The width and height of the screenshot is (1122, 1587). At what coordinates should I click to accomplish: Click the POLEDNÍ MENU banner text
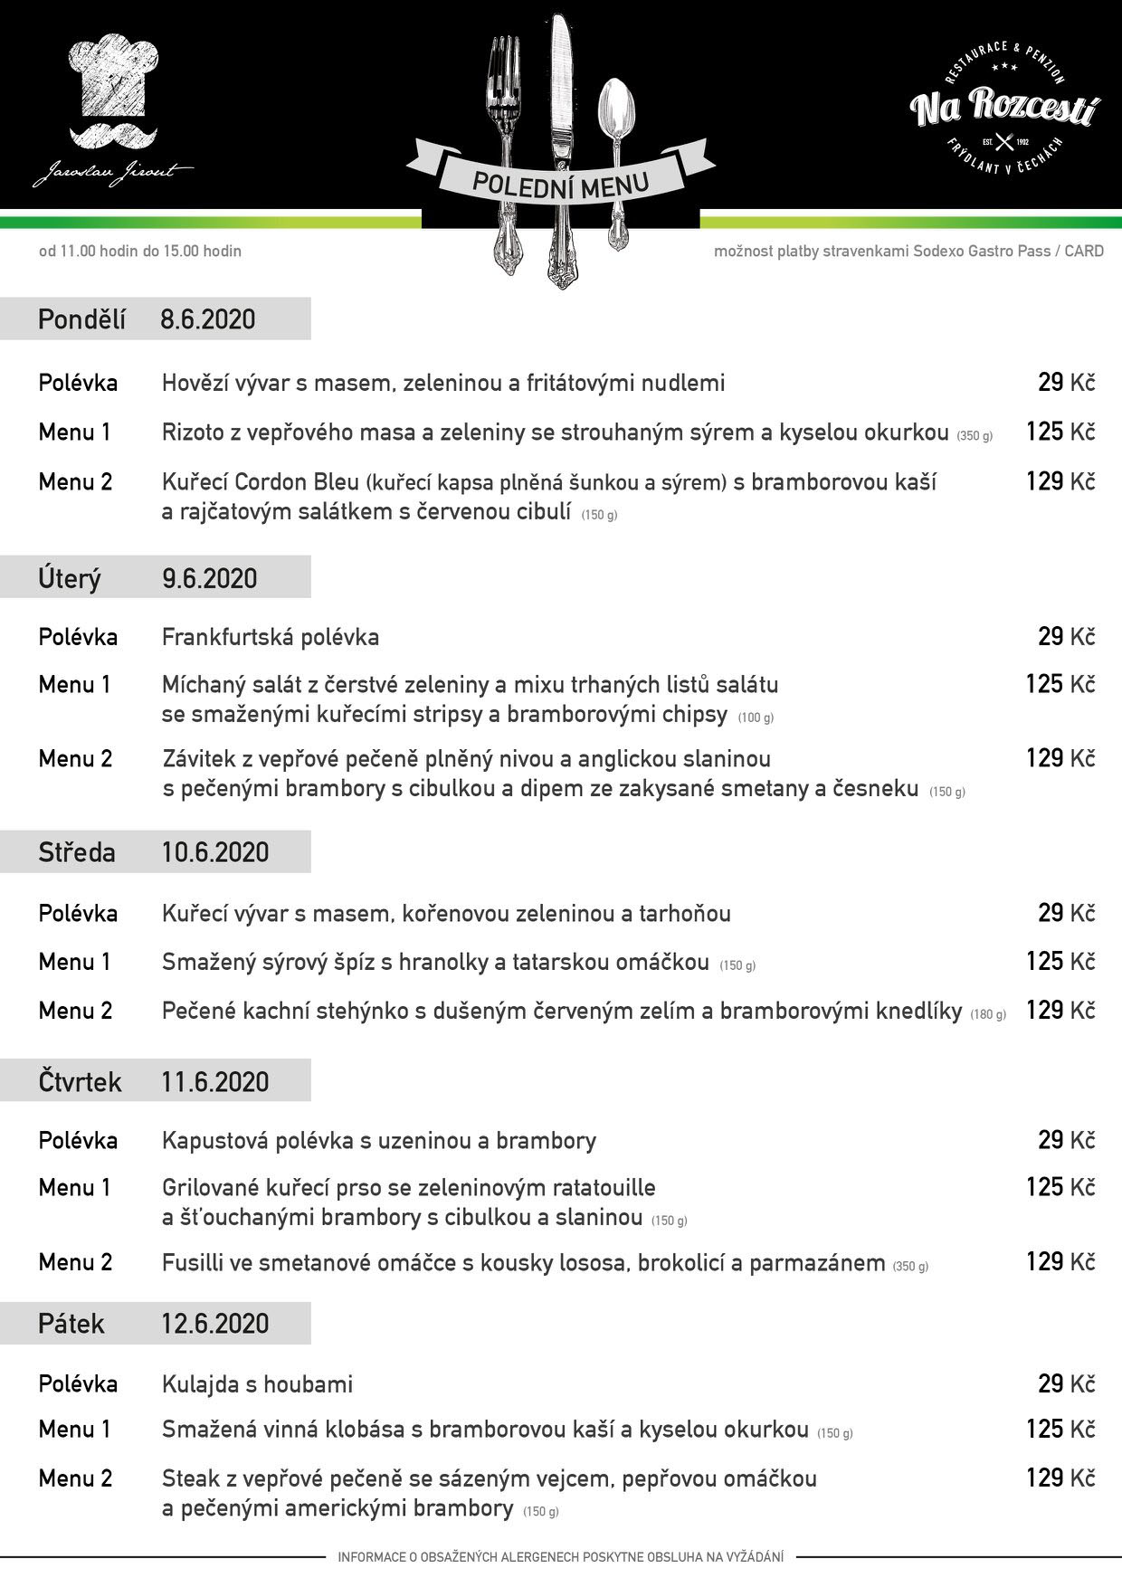pyautogui.click(x=560, y=185)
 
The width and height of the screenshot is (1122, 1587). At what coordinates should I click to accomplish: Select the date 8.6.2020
pyautogui.click(x=208, y=319)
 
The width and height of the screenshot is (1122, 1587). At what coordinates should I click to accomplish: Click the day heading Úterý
pyautogui.click(x=70, y=578)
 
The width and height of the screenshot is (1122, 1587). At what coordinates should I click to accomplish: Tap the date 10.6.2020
pyautogui.click(x=215, y=852)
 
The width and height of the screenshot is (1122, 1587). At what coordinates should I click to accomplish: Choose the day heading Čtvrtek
pyautogui.click(x=80, y=1082)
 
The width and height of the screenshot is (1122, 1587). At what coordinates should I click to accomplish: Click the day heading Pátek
pyautogui.click(x=71, y=1325)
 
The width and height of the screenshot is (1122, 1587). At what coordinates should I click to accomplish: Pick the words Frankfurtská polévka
pyautogui.click(x=271, y=637)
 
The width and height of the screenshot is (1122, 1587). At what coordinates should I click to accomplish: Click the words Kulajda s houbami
pyautogui.click(x=257, y=1384)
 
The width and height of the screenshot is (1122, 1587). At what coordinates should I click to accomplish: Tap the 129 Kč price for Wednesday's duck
pyautogui.click(x=1060, y=1011)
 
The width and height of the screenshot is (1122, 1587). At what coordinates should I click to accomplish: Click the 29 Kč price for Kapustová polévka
pyautogui.click(x=1066, y=1141)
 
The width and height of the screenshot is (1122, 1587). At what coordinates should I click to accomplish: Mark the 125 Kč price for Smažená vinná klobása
pyautogui.click(x=1060, y=1430)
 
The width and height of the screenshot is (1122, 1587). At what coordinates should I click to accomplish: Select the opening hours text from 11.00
pyautogui.click(x=140, y=252)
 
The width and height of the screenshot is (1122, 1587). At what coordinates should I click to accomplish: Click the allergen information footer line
pyautogui.click(x=561, y=1557)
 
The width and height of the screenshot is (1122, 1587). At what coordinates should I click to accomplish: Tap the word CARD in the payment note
pyautogui.click(x=1084, y=252)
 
